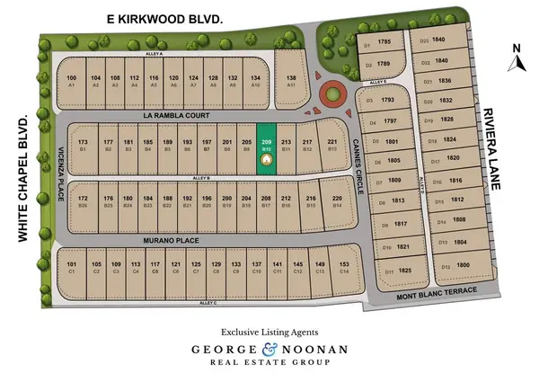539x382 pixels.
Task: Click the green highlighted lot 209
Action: [266, 148]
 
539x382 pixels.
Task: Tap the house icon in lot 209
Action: [266, 160]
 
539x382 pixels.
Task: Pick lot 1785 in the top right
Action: [383, 42]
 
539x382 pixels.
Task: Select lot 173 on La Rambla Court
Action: [83, 145]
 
